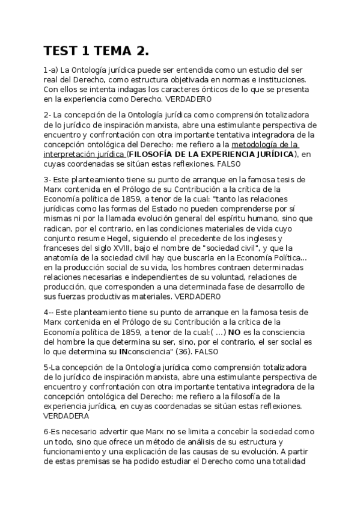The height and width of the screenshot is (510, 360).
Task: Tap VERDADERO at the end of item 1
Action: pyautogui.click(x=188, y=98)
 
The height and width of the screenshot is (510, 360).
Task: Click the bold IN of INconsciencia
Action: pyautogui.click(x=123, y=351)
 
